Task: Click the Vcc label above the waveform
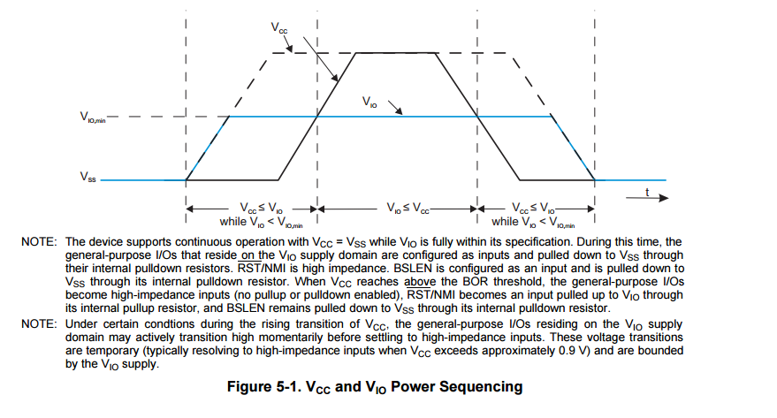pyautogui.click(x=279, y=28)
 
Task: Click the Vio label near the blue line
pyautogui.click(x=370, y=103)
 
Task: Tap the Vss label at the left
pyautogui.click(x=88, y=177)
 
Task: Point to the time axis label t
pyautogui.click(x=647, y=192)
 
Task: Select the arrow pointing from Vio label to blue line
pyautogui.click(x=396, y=110)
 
